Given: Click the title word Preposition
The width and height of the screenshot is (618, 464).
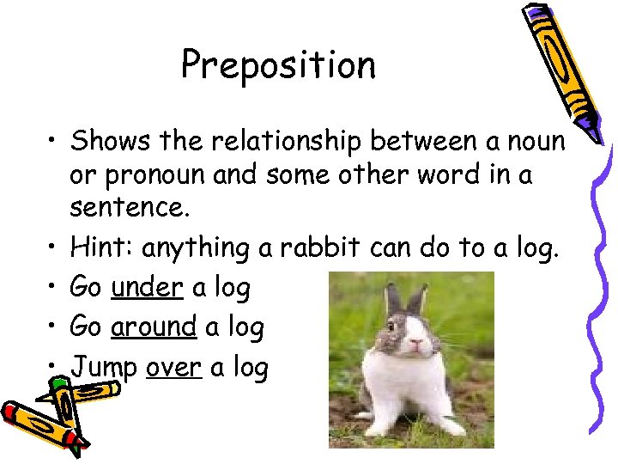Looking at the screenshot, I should click(x=278, y=65).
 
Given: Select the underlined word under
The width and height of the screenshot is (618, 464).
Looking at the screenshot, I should click(x=147, y=287).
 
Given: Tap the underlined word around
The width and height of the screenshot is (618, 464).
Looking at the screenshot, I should click(x=154, y=327).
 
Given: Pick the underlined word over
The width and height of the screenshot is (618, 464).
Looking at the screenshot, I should click(x=173, y=367).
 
